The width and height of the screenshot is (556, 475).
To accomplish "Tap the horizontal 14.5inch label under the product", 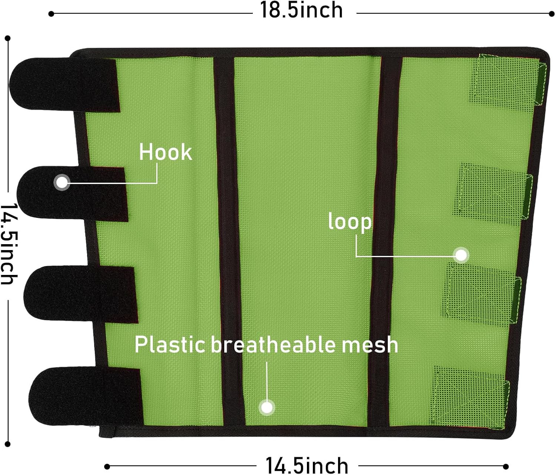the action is pos(307,466).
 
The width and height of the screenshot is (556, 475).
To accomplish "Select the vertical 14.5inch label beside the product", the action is pos(9,244).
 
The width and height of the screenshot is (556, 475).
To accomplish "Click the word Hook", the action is pos(165,152).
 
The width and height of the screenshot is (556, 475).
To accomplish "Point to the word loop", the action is pos(350,222).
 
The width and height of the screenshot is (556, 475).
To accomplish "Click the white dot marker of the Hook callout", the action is pos(62,183).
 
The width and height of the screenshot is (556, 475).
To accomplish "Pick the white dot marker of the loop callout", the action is pos(461,255).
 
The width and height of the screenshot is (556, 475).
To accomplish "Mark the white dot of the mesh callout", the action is pos(267,408).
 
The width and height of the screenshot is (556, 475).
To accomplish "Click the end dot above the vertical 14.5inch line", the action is pos(8,38).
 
